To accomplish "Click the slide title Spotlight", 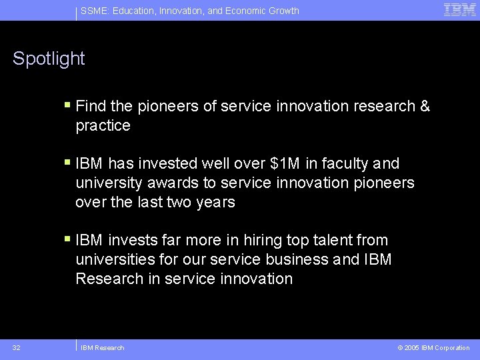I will (49, 59).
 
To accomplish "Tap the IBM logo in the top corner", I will (460, 10).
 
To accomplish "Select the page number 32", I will (16, 347).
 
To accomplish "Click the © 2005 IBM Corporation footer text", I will (433, 347).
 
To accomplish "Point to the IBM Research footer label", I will (102, 347).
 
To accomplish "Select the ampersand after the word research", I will (425, 106).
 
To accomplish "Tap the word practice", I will (103, 125).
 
